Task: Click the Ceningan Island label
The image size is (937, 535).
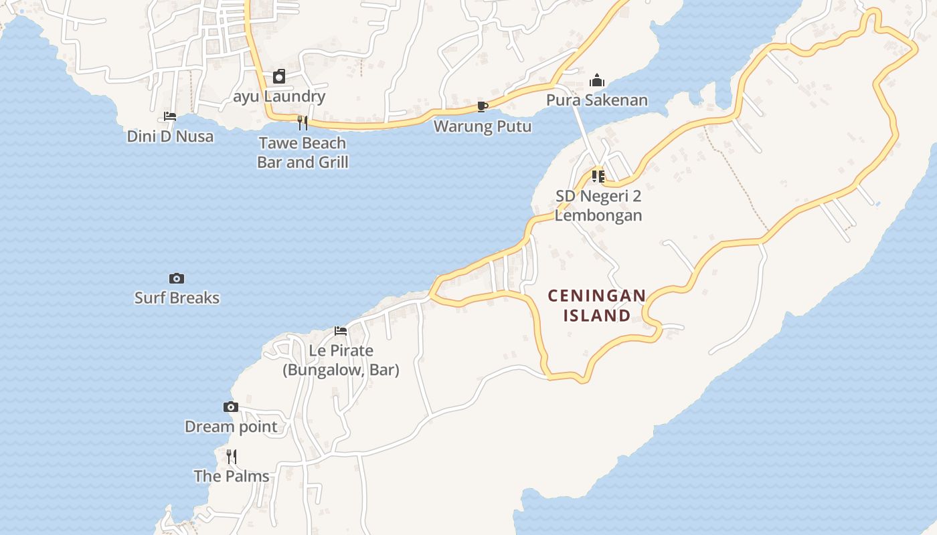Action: point(597,306)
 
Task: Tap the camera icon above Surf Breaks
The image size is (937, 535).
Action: point(177,278)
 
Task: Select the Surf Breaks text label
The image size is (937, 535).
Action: point(177,298)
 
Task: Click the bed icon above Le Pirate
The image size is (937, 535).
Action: point(341,330)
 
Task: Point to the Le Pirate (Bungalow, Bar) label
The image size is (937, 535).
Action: point(341,360)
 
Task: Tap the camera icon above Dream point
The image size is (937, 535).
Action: point(230,407)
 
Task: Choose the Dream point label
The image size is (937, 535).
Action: point(231,427)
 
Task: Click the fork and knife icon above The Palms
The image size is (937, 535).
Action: point(231,457)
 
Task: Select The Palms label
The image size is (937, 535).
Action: point(232,476)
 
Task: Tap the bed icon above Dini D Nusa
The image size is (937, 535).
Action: point(170,116)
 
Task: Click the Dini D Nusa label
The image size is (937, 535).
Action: point(170,136)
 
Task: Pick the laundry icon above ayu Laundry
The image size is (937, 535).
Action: point(279,77)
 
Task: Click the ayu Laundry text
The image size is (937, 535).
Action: point(279,96)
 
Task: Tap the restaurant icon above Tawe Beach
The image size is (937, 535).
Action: point(302,122)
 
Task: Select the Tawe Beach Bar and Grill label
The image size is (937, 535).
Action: point(303,152)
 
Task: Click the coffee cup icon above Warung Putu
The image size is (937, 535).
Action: point(482,106)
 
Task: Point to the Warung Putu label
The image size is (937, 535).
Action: point(483,126)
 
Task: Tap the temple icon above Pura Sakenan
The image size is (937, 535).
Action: point(596,81)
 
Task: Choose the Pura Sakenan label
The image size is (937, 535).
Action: point(597,100)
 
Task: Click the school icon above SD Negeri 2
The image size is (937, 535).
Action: point(598,177)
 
